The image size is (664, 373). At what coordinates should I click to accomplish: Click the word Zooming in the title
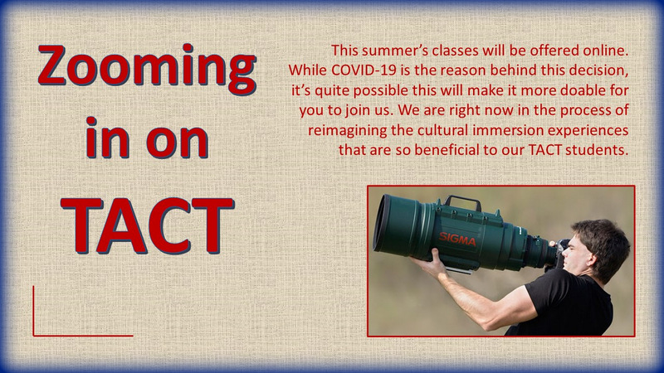click(147, 69)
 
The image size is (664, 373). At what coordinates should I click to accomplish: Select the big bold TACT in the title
click(148, 225)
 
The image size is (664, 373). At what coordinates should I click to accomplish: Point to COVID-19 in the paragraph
click(364, 70)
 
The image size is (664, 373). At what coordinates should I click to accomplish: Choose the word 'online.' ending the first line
click(606, 51)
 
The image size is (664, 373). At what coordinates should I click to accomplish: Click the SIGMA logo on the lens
click(457, 240)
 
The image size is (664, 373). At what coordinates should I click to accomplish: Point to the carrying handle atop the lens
click(463, 202)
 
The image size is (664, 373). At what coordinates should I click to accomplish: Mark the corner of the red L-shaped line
click(33, 336)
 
